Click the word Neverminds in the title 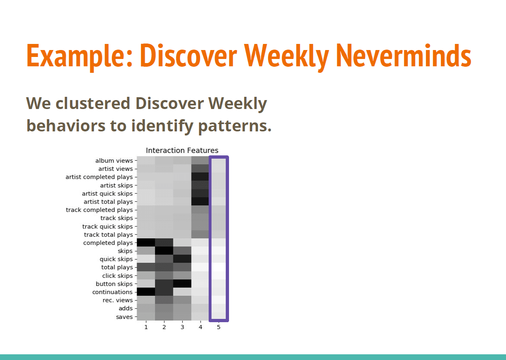point(403,56)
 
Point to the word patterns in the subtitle point(235,126)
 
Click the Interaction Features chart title point(182,151)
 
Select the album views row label point(114,161)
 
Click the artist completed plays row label point(99,177)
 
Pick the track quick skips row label point(107,227)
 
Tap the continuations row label point(113,292)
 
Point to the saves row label point(124,317)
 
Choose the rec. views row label point(118,300)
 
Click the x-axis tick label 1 point(146,327)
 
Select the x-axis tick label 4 point(201,327)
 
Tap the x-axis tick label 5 point(218,327)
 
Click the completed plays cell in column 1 point(146,242)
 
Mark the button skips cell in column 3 point(182,284)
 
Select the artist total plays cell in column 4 point(200,201)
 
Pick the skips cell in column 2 point(164,251)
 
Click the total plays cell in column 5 point(219,267)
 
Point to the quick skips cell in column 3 point(182,259)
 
